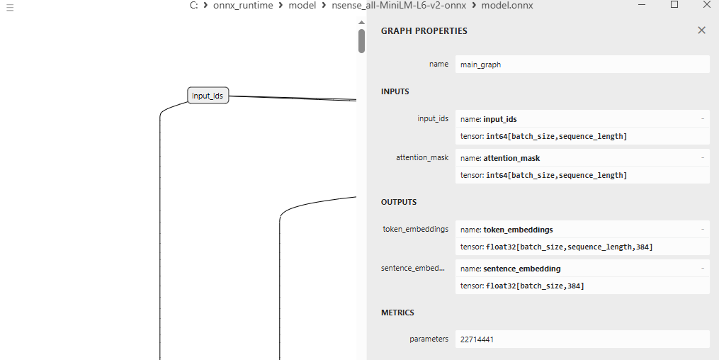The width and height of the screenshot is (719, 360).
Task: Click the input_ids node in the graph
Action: (208, 96)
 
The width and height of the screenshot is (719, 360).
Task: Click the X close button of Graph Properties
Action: (701, 30)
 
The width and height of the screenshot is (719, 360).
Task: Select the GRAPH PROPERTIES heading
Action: (424, 31)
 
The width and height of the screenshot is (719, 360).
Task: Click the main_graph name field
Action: (581, 64)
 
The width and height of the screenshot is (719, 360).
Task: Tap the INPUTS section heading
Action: (395, 91)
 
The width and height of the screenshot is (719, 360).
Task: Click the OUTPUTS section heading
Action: (398, 202)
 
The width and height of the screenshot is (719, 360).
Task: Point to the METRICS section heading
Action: (397, 313)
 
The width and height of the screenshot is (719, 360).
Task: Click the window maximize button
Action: (674, 5)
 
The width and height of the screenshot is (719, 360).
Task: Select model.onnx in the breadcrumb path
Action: (506, 6)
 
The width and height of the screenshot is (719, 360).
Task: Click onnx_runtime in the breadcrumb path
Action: (243, 6)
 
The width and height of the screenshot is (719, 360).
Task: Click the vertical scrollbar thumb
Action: (361, 41)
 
